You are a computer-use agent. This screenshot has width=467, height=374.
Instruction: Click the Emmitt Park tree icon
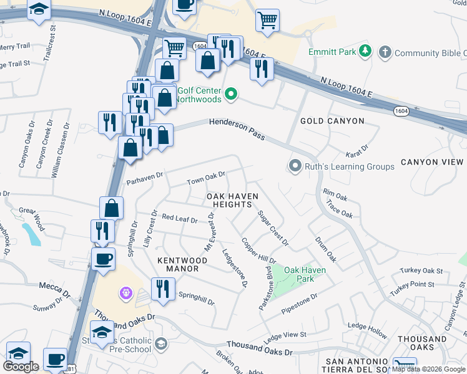tap(366, 52)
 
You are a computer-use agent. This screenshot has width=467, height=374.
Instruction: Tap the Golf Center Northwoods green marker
tap(231, 94)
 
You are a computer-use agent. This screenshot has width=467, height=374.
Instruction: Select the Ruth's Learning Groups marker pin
tap(295, 166)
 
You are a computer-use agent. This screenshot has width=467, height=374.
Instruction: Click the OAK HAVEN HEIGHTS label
tap(232, 200)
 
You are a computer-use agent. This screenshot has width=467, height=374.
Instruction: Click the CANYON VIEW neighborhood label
tap(432, 162)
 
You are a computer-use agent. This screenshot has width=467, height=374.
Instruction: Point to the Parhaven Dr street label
tap(145, 178)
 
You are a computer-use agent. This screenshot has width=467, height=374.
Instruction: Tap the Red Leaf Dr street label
tap(180, 219)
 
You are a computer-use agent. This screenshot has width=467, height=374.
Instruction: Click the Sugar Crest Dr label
tap(273, 228)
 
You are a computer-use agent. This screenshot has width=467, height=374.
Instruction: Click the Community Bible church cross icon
tap(385, 52)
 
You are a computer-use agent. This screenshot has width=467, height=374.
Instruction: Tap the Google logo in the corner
tap(21, 367)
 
